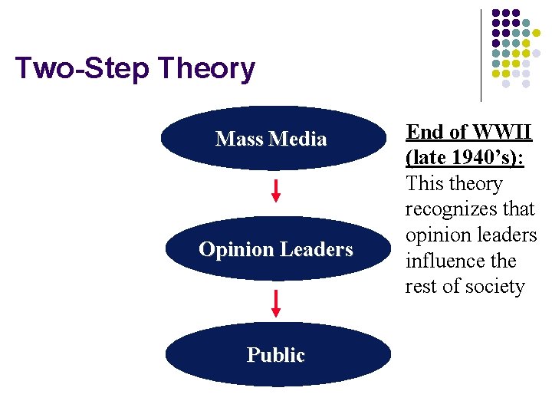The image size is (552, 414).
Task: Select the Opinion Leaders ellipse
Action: pyautogui.click(x=276, y=249)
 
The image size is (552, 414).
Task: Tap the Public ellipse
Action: pyautogui.click(x=276, y=355)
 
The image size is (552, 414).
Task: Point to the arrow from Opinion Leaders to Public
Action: pyautogui.click(x=276, y=302)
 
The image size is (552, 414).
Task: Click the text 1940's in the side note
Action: pyautogui.click(x=481, y=158)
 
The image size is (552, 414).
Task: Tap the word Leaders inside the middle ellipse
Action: pyautogui.click(x=317, y=249)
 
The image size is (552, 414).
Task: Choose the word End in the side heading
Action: pyautogui.click(x=423, y=132)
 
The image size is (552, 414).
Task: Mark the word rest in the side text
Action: pyautogui.click(x=420, y=287)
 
